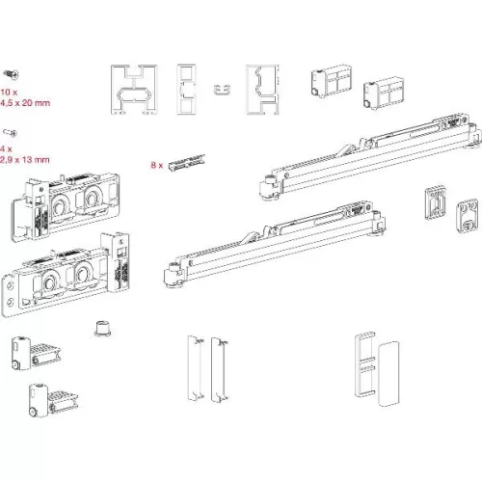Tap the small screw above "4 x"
[10, 131]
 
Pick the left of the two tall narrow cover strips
[192, 369]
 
